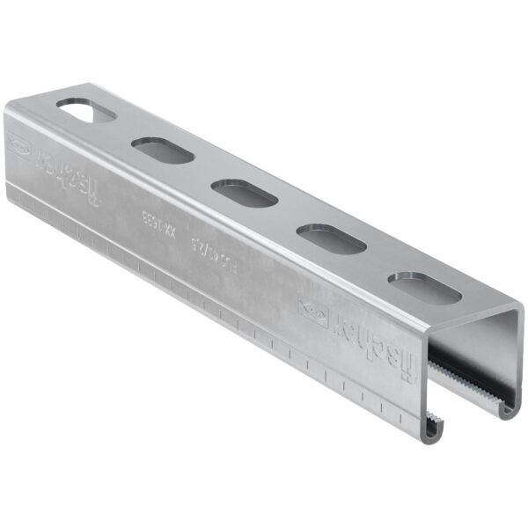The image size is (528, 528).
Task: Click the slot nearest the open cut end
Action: pos(424,287)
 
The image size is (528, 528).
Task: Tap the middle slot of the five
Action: pos(244,193)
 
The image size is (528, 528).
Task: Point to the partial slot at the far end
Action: pos(86,111)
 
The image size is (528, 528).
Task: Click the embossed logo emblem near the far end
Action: pos(18,144)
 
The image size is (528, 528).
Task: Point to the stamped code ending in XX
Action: pos(155,224)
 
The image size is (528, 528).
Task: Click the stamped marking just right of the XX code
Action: pos(195,246)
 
